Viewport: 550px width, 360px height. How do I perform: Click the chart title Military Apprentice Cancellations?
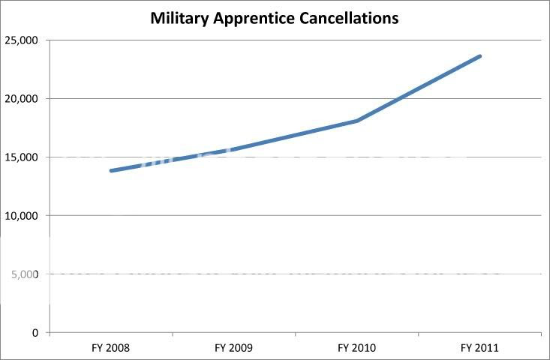tap(275, 18)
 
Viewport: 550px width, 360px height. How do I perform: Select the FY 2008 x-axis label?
tap(110, 348)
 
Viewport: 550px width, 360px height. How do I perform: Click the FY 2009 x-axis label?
tap(233, 348)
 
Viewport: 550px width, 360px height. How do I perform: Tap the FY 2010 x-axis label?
tap(356, 348)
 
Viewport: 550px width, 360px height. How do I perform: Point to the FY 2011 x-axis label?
tap(479, 348)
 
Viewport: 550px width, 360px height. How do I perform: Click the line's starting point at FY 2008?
tap(111, 171)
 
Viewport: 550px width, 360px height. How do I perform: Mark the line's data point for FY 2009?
tap(234, 149)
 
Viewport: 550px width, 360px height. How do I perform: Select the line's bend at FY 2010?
tap(357, 121)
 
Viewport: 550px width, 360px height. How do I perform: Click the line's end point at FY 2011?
tap(479, 56)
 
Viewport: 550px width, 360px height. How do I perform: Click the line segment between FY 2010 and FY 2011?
tap(419, 88)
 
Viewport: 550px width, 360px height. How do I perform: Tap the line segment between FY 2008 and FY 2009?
tap(173, 160)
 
